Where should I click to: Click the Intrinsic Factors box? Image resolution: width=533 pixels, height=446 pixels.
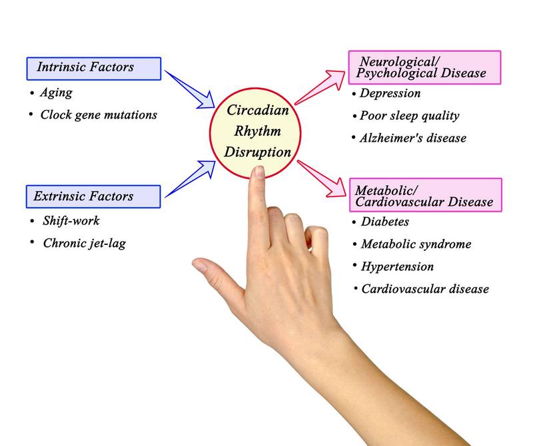point(93,68)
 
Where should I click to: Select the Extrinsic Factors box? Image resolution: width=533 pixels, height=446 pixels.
point(93,196)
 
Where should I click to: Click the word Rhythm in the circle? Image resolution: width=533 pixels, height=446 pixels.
point(257,130)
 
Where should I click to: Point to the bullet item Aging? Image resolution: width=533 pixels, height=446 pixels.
point(56,93)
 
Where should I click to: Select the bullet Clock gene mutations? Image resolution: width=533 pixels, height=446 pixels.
point(99,114)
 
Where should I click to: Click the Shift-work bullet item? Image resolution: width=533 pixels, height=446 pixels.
point(71,221)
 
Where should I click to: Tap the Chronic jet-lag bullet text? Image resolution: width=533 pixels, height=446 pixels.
point(84,243)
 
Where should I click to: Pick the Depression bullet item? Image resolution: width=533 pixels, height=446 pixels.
point(390,94)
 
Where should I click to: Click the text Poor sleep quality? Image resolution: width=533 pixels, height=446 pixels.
point(409,116)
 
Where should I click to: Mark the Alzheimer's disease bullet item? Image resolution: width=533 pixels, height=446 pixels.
point(412,138)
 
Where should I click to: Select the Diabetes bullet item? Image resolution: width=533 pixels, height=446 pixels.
point(384,222)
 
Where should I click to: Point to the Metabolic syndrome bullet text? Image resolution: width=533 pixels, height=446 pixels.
point(416,244)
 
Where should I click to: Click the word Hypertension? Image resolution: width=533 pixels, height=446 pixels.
point(397,266)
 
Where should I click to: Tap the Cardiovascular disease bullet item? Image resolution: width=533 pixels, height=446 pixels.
point(425,289)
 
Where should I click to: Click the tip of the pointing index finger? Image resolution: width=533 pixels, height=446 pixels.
point(257,172)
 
